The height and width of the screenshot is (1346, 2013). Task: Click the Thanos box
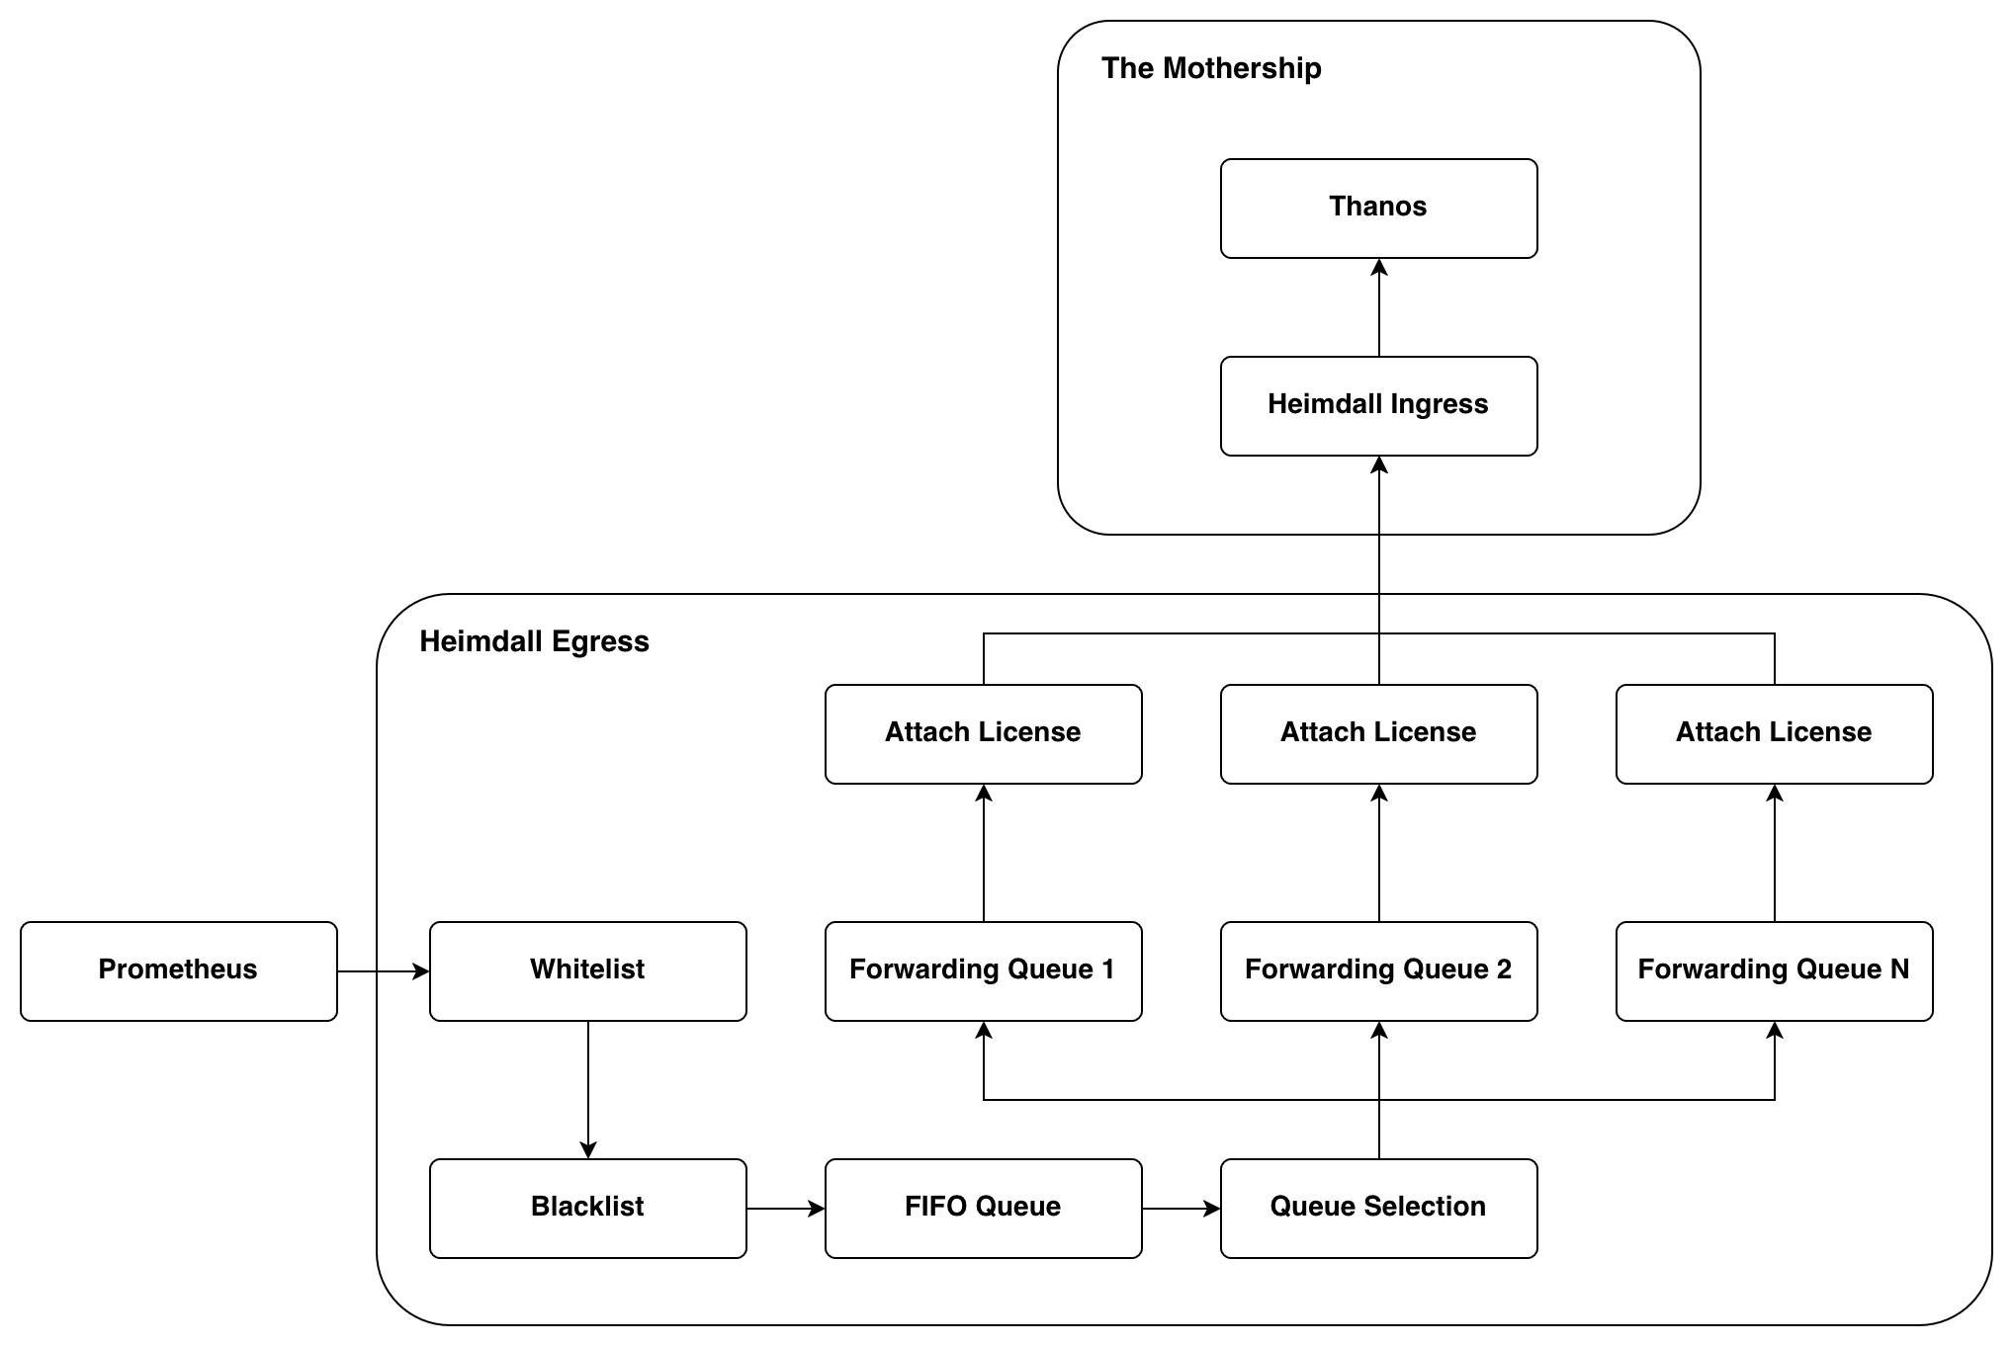[1378, 208]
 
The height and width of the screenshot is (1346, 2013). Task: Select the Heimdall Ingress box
[1378, 405]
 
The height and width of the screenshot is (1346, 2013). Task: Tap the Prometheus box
[178, 970]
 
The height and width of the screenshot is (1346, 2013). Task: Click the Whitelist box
[587, 970]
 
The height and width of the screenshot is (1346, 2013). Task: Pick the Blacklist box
[587, 1208]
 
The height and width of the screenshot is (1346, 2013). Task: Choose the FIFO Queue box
[983, 1208]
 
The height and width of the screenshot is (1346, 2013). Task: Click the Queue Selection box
[1378, 1208]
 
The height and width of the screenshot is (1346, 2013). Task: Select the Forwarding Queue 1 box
[983, 970]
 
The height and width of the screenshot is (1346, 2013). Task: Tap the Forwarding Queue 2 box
[1378, 970]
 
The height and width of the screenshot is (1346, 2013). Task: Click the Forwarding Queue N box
[1774, 970]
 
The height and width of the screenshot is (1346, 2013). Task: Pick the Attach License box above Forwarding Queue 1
[983, 733]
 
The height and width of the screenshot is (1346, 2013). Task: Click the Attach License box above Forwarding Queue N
[1774, 733]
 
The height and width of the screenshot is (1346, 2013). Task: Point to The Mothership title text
[1211, 68]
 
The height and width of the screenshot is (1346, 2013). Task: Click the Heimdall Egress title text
[534, 641]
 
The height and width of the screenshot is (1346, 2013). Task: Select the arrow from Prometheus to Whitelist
[383, 971]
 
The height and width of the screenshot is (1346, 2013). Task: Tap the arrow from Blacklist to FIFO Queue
[785, 1208]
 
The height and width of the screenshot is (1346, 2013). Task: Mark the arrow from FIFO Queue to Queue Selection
[1181, 1208]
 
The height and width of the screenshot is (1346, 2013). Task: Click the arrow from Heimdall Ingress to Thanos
[1379, 307]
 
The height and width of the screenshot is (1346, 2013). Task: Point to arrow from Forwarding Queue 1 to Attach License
[984, 853]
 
